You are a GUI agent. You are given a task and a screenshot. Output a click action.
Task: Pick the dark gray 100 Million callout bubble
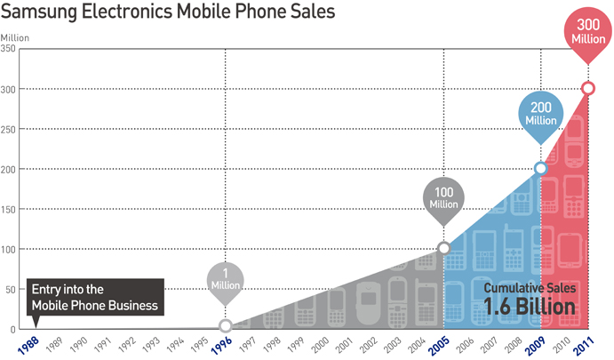[443, 198]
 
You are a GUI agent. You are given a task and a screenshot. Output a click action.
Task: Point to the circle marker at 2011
[587, 88]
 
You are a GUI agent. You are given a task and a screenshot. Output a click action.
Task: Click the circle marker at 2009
[540, 169]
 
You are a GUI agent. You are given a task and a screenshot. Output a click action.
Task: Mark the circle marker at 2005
[444, 248]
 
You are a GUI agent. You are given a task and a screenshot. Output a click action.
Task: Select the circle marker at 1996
[226, 327]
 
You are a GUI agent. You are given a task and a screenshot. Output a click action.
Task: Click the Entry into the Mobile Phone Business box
[94, 298]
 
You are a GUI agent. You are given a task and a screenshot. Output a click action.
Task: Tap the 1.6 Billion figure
[530, 307]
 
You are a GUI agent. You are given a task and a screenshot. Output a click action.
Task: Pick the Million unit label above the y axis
[15, 36]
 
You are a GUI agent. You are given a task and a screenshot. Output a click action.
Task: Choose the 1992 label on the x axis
[129, 343]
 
